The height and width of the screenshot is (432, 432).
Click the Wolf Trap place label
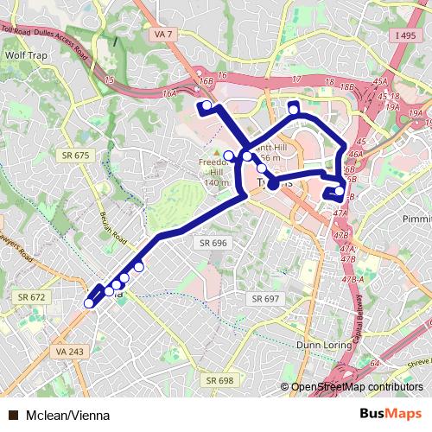point(25,54)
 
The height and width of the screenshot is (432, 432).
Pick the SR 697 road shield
point(266,298)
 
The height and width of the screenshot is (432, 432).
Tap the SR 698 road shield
point(219,380)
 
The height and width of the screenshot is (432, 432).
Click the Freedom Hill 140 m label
point(212,172)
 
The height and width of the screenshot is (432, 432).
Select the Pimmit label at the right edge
point(416,219)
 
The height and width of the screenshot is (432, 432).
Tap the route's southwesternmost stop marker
point(89,302)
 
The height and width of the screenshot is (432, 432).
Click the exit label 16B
point(205,80)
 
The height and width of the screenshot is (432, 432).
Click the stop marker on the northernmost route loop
point(294,110)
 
